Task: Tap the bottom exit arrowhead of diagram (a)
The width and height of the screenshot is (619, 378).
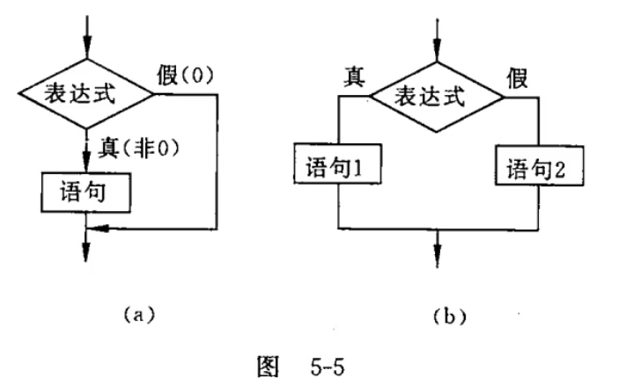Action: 86,255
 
